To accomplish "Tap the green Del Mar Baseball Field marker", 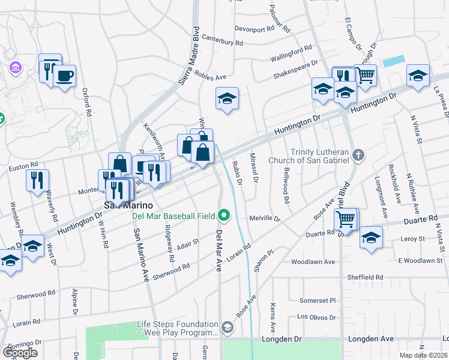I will pyautogui.click(x=224, y=214).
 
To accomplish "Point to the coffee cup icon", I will pyautogui.click(x=64, y=76).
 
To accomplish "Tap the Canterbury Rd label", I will pyautogui.click(x=222, y=43).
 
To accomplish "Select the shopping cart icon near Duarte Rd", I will pyautogui.click(x=346, y=220).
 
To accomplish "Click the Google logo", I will pyautogui.click(x=20, y=353).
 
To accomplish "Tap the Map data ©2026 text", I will pyautogui.click(x=423, y=355).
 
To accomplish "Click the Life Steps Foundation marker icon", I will pyautogui.click(x=227, y=327).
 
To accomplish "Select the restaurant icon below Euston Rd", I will pyautogui.click(x=37, y=179).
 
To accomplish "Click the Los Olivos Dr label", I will pyautogui.click(x=315, y=316).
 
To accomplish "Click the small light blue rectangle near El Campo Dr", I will pyautogui.click(x=393, y=61).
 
